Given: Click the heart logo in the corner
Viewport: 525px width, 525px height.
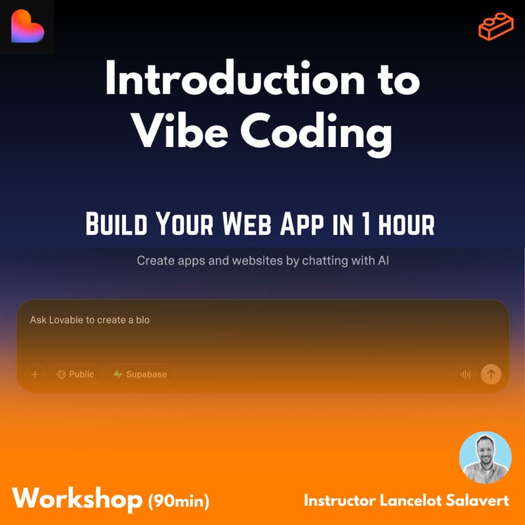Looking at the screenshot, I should pos(27,27).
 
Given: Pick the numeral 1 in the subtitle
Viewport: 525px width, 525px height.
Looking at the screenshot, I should pos(366,224).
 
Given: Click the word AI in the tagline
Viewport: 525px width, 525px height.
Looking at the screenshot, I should pos(382,261).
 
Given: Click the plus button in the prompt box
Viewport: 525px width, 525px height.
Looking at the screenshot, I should pos(35,375).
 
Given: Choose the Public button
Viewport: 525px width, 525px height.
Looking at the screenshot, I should pos(75,375).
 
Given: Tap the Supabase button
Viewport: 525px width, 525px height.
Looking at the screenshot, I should pos(140,375).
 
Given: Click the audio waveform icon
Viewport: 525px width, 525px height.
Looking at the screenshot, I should pos(465,375).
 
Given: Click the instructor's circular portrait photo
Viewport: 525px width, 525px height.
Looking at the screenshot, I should pos(485,458).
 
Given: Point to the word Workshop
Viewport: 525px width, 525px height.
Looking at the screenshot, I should pos(77,499).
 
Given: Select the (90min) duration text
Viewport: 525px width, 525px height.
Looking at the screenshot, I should pos(178,502).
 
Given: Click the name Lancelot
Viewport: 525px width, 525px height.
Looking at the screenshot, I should pos(410,501).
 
